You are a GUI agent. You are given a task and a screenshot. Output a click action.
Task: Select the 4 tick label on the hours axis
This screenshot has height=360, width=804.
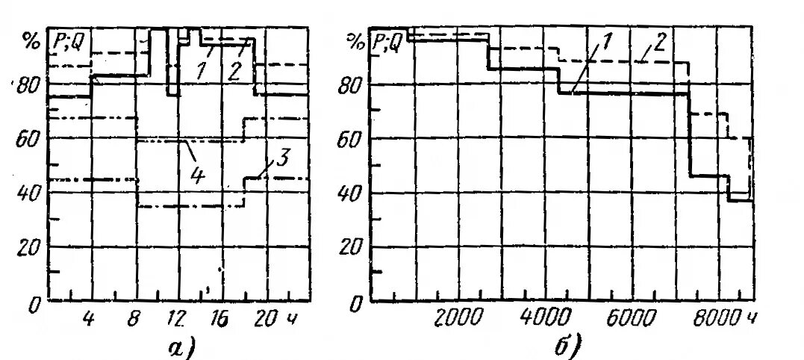(x=90, y=320)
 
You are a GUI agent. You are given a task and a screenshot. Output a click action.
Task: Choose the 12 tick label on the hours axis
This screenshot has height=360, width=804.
(x=176, y=320)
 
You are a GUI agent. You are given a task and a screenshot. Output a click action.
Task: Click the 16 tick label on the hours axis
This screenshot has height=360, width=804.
(x=219, y=320)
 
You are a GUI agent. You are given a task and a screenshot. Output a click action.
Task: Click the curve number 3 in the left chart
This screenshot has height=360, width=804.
(x=282, y=158)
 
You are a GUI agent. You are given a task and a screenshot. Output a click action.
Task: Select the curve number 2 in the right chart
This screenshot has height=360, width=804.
(x=659, y=43)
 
